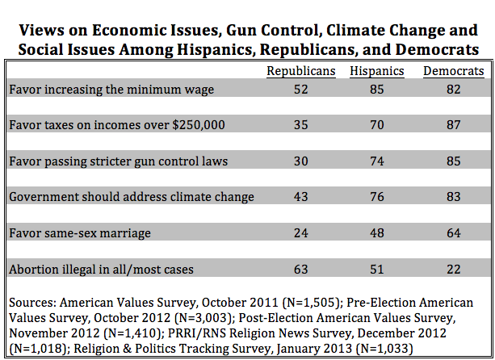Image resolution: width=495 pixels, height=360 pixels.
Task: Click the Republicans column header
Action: [x=301, y=71]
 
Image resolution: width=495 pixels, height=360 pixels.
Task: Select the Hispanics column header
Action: [x=377, y=71]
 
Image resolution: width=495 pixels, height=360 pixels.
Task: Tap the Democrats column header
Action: [x=454, y=71]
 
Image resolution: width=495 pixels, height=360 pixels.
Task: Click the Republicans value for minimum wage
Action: [x=301, y=90]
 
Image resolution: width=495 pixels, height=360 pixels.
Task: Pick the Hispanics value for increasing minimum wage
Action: [x=377, y=90]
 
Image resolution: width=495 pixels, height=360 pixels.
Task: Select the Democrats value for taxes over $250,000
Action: [x=454, y=125]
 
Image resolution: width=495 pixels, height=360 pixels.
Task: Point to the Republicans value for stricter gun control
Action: [x=301, y=161]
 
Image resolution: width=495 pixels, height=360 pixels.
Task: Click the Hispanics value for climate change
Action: [x=377, y=197]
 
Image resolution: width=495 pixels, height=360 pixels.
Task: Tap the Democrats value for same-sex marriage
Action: [x=454, y=233]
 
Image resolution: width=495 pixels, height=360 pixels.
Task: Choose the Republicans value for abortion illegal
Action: [x=301, y=270]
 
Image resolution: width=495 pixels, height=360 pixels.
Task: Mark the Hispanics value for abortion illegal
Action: [x=377, y=270]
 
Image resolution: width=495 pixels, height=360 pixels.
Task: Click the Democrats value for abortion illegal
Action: [x=454, y=270]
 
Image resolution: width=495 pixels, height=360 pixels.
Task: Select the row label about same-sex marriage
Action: [x=80, y=233]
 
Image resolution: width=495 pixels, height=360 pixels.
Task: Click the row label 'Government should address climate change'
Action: [x=132, y=197]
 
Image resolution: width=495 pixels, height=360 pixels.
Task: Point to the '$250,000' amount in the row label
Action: [x=199, y=125]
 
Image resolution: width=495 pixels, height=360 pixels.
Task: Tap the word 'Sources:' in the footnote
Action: [x=33, y=303]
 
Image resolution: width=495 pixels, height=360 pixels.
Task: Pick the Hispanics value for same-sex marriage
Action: [x=377, y=233]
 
